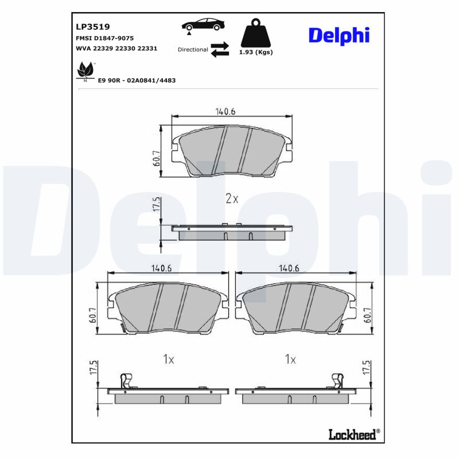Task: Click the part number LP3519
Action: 93,26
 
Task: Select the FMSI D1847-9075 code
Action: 104,38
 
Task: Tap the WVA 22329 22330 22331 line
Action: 116,49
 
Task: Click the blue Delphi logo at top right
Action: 339,35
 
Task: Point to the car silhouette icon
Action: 203,26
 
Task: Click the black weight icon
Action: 255,34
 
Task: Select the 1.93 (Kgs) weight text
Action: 255,52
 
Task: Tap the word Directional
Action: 193,50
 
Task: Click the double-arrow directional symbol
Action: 219,49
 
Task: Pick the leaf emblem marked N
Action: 85,72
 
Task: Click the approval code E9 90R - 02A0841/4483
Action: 137,80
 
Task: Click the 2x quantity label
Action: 231,199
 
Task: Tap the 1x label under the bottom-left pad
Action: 168,360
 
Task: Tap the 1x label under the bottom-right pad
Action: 290,360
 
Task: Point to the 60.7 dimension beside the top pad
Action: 157,157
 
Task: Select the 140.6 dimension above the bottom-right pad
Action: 289,267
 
